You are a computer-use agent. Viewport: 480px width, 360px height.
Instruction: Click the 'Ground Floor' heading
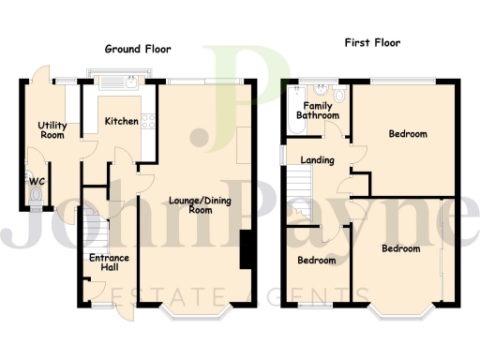pyautogui.click(x=137, y=48)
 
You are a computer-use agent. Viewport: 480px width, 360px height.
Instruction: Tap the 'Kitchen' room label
pyautogui.click(x=122, y=121)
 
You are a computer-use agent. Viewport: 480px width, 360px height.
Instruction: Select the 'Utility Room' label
pyautogui.click(x=51, y=130)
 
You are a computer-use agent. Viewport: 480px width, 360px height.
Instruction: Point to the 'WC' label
pyautogui.click(x=37, y=181)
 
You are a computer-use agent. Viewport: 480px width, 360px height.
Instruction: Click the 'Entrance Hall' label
pyautogui.click(x=108, y=262)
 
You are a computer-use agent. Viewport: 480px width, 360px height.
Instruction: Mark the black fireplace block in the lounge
pyautogui.click(x=247, y=248)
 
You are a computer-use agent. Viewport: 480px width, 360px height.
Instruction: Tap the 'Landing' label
pyautogui.click(x=317, y=160)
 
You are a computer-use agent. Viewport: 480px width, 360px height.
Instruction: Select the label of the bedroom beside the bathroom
pyautogui.click(x=408, y=134)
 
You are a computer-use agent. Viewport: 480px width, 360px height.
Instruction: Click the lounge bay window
pyautogui.click(x=197, y=309)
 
